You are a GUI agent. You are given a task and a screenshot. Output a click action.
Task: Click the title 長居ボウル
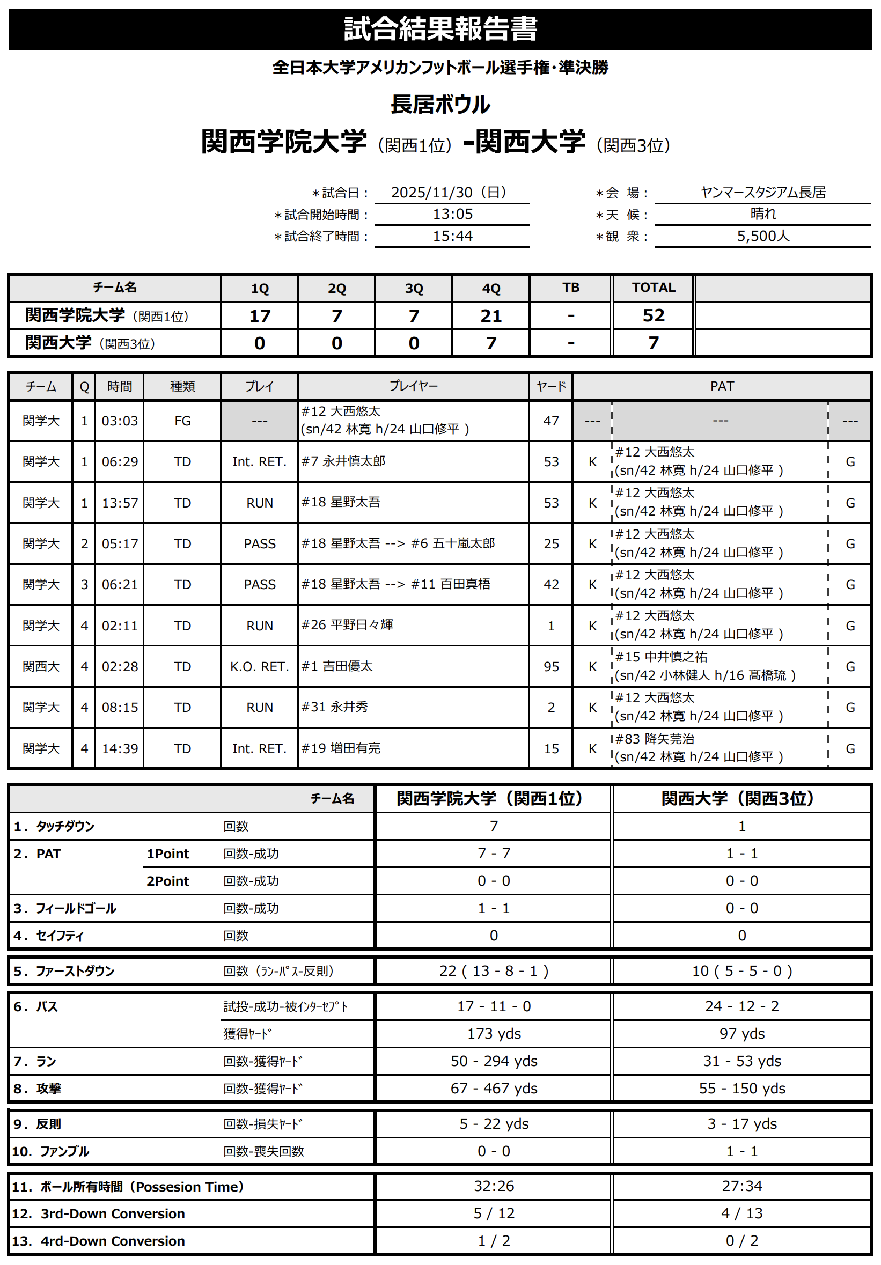440,105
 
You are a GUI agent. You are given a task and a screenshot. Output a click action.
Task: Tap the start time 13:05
452,215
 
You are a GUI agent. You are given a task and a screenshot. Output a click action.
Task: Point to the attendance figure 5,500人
762,236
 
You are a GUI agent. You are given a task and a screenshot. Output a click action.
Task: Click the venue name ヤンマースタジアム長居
762,192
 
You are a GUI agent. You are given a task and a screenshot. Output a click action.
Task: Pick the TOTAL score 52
654,315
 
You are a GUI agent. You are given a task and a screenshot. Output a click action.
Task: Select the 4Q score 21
491,315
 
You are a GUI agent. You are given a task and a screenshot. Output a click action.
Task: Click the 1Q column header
260,288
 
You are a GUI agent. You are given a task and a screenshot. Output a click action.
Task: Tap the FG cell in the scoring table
182,421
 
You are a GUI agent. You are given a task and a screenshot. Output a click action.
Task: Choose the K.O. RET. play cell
260,667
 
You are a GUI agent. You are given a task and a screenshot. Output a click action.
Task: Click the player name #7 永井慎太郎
343,461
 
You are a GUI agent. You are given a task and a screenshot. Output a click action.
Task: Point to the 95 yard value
551,667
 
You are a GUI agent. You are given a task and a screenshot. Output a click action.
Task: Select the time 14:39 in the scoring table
120,749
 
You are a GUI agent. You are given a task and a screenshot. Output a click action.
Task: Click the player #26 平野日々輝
347,625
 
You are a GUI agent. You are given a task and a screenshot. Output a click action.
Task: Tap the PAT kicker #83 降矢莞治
655,739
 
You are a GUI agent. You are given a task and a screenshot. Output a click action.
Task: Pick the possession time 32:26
494,1186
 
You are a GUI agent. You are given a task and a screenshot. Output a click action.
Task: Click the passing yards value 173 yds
494,1034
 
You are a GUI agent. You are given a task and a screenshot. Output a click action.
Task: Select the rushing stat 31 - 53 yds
741,1061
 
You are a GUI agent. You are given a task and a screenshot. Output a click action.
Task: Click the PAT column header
722,386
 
